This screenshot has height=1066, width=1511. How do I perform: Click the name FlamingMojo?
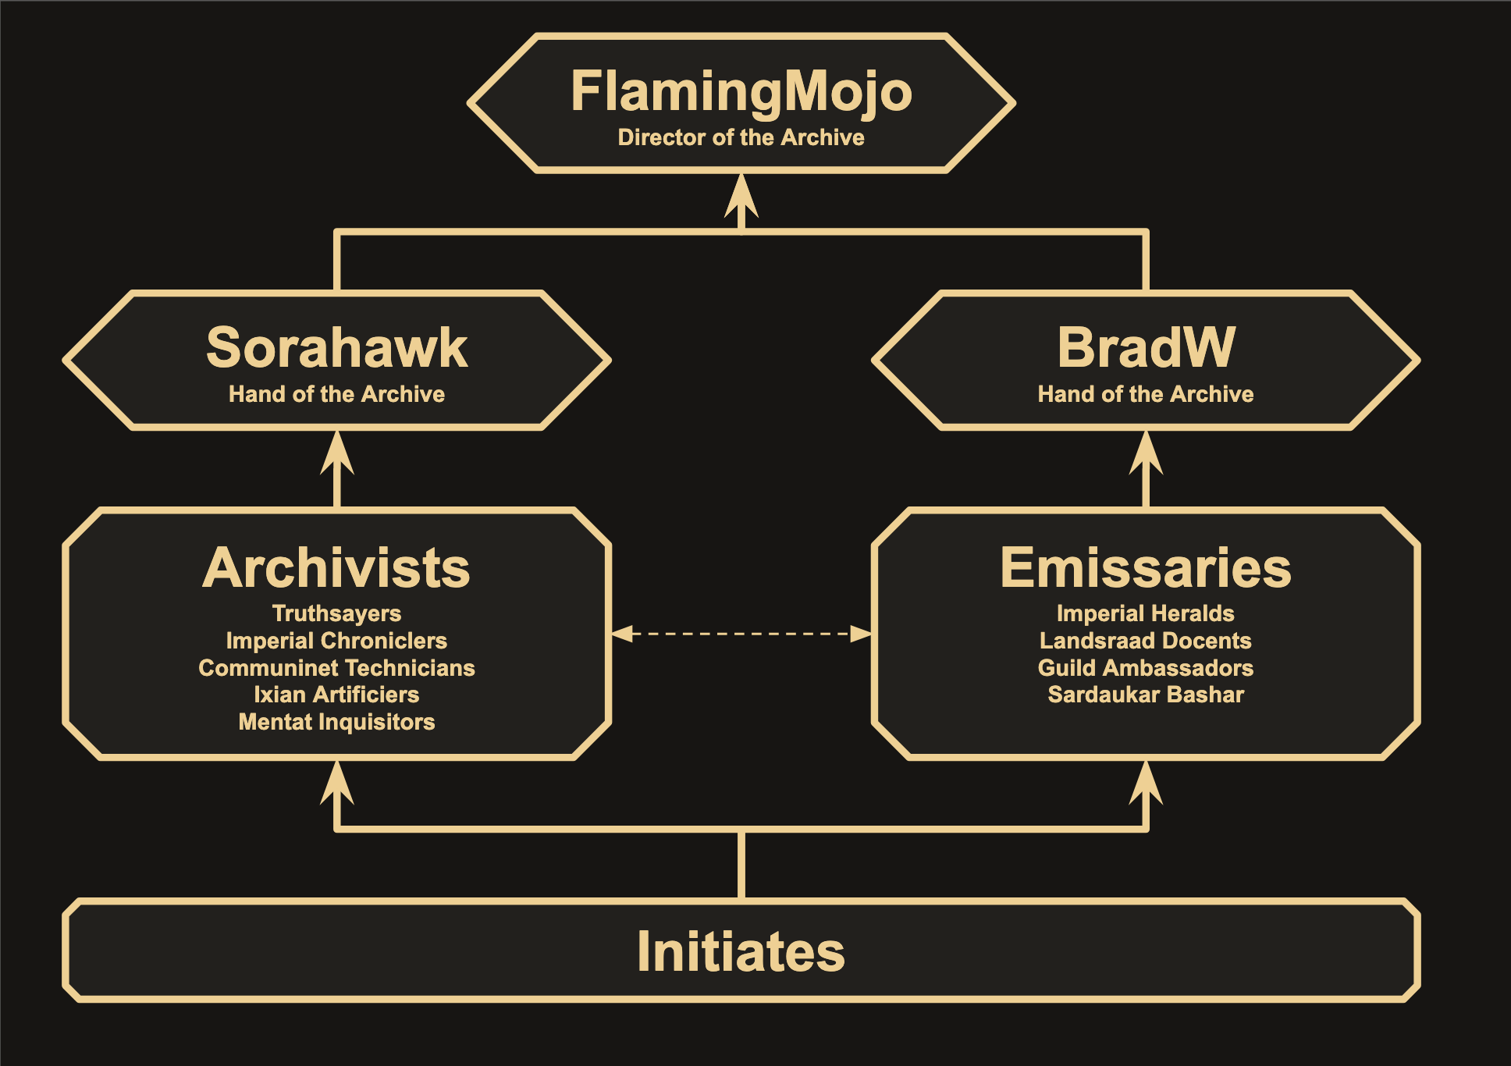[741, 93]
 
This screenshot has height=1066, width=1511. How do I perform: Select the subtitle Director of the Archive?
[741, 137]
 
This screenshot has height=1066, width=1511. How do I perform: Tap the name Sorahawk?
[336, 347]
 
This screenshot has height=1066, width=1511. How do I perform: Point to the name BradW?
[1146, 347]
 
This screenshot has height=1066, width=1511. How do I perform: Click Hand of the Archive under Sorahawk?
[336, 394]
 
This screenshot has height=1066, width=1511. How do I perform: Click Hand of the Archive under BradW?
[1146, 394]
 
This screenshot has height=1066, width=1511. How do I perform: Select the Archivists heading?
[336, 567]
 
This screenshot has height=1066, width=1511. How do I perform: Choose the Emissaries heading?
[1146, 567]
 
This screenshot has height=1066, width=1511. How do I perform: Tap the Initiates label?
[741, 951]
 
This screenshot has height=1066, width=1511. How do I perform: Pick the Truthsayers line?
[336, 614]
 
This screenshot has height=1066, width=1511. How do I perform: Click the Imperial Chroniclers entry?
[336, 641]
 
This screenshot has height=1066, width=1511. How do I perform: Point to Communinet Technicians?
[336, 668]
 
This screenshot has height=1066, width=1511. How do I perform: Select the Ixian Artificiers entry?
[336, 695]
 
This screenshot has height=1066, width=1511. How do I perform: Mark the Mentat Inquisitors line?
[336, 722]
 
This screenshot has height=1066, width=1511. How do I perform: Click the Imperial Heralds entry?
[1146, 613]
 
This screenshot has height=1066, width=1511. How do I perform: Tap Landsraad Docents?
[1146, 641]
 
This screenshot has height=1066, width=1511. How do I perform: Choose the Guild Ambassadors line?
[1146, 668]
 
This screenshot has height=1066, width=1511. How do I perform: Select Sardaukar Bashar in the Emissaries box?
[1146, 695]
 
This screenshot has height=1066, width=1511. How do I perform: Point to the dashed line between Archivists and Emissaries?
[741, 634]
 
